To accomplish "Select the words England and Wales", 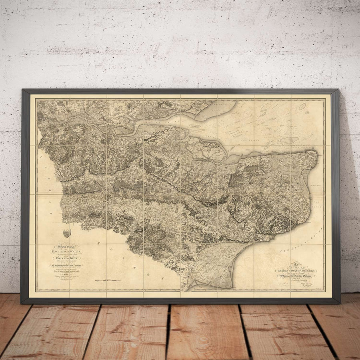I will [60, 252].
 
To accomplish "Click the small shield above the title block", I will [67, 233].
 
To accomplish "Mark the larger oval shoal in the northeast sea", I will [302, 106].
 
